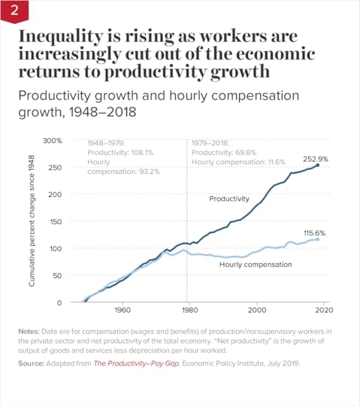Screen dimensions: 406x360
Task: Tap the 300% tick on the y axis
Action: pos(51,141)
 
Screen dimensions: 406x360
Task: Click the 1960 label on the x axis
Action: pos(121,311)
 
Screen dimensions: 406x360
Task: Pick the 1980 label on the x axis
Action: pos(189,311)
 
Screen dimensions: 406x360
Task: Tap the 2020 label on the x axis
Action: pos(325,311)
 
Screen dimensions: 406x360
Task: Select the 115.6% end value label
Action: pos(314,234)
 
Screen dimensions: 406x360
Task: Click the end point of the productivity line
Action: pos(318,165)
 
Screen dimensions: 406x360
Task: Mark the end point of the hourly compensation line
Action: pos(318,239)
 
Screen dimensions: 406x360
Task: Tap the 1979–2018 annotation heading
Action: pos(212,142)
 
